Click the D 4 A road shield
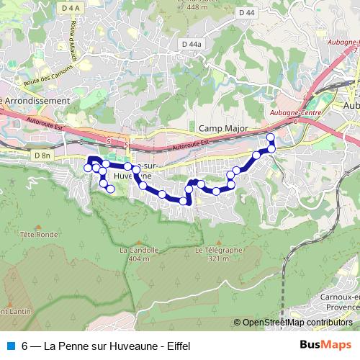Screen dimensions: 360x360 70,8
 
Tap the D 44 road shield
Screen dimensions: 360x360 246,13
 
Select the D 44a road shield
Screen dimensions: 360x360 190,44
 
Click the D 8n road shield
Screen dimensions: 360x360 42,155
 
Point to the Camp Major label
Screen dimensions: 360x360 222,129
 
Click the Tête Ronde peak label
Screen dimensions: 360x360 39,234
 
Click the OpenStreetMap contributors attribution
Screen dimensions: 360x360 297,323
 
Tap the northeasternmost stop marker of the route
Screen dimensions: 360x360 271,138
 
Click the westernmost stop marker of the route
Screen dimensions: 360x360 88,168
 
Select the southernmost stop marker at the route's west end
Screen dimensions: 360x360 110,189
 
